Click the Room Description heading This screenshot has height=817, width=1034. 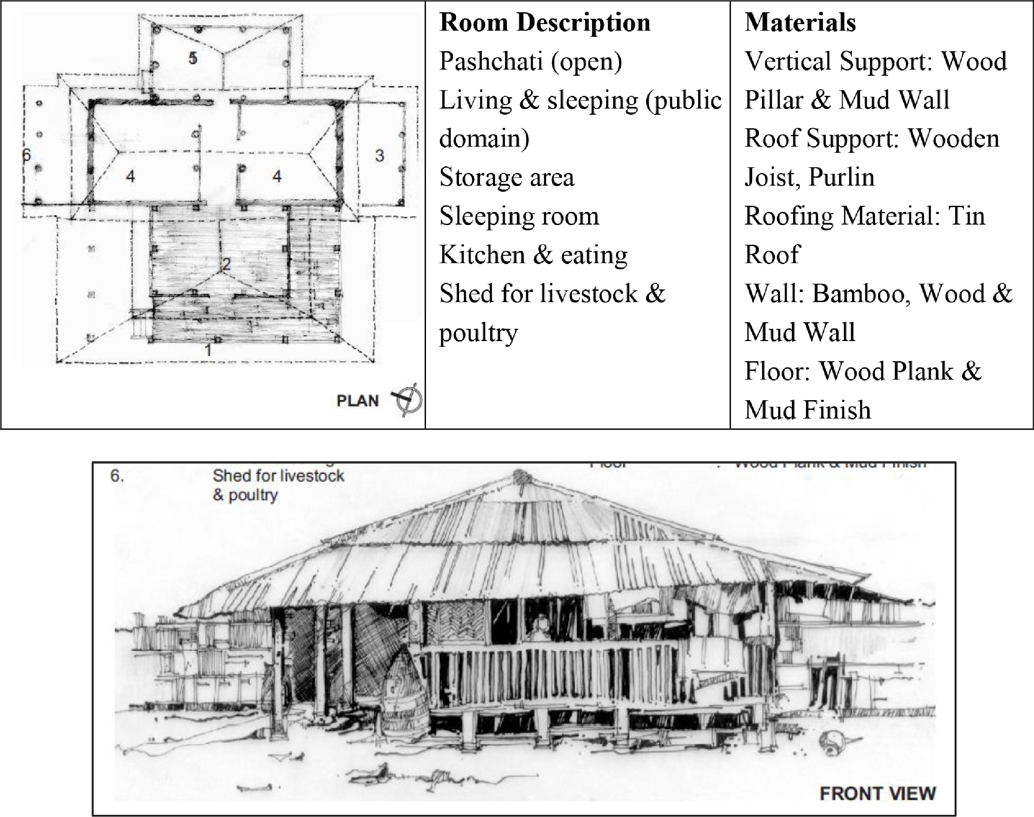[545, 22]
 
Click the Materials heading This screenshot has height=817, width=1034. [800, 22]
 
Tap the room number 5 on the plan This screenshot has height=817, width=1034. [193, 58]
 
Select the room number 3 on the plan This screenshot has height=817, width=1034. [379, 155]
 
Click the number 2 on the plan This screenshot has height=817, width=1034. [226, 264]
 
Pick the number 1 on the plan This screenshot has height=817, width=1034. [208, 351]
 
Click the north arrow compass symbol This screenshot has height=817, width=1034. [408, 399]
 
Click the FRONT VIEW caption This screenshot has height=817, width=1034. [878, 793]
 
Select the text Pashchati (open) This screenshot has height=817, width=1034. [531, 61]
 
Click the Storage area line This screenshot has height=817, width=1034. [507, 177]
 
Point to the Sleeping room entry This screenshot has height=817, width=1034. [519, 216]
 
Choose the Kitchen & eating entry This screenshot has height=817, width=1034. [533, 254]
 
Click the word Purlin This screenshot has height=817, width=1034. [842, 177]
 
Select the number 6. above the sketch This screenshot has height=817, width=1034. [117, 476]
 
